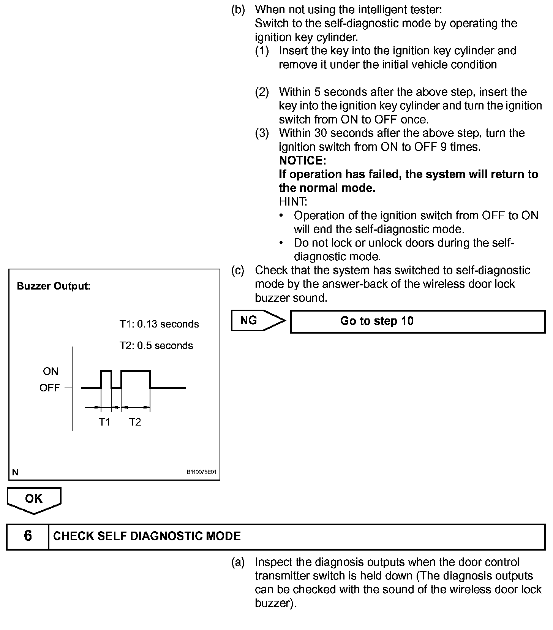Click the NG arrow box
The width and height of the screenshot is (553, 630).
(257, 321)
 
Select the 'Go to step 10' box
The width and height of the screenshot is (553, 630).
(417, 321)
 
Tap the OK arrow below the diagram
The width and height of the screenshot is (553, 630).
(34, 500)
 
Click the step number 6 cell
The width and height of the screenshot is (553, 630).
(28, 536)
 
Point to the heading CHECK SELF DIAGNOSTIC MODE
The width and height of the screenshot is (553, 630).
(147, 536)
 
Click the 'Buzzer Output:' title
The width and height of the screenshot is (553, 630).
(54, 286)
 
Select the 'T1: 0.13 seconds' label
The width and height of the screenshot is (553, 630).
(159, 324)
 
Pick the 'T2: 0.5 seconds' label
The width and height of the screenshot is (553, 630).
(156, 346)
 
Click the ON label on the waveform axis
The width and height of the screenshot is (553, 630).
(51, 371)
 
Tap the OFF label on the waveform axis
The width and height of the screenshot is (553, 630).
(50, 388)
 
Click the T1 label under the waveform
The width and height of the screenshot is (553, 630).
(104, 422)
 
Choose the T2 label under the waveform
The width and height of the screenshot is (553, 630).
(135, 422)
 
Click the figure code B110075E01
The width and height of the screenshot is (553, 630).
(201, 472)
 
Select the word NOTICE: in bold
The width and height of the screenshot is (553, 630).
(302, 160)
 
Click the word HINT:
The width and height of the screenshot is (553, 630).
(293, 201)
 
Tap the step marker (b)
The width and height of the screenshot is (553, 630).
(238, 9)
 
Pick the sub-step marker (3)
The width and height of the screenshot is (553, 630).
(262, 133)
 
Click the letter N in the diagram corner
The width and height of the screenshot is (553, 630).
(15, 472)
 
